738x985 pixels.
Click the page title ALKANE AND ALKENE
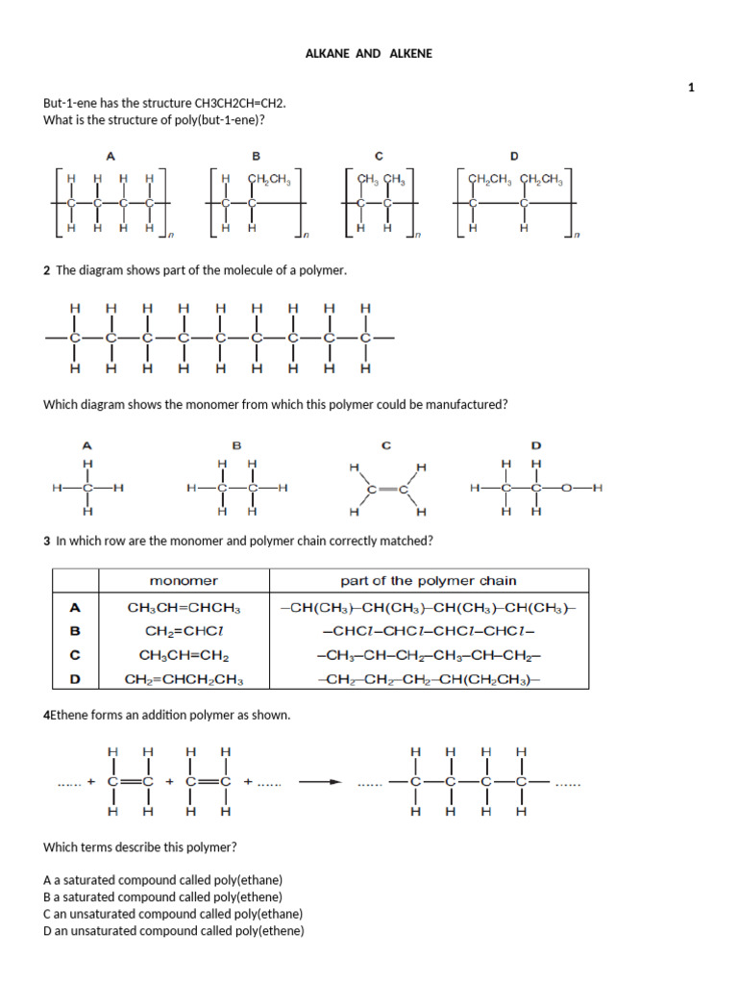(x=369, y=54)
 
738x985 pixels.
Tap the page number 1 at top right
(x=691, y=88)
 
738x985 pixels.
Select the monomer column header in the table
(x=184, y=581)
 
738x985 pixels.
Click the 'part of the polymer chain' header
(x=428, y=581)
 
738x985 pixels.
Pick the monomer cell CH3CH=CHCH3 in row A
(x=184, y=608)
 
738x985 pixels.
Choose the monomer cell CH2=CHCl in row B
(x=184, y=631)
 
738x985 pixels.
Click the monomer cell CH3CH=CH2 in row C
(x=184, y=655)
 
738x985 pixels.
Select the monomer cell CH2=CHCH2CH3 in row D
(x=184, y=679)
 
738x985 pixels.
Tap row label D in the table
(x=75, y=679)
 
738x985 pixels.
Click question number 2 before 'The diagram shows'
(x=46, y=271)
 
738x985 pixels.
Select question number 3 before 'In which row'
(x=46, y=542)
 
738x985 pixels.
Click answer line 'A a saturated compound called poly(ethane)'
(x=163, y=880)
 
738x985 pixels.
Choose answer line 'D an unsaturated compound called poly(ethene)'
(x=174, y=931)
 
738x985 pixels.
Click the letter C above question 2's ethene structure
(x=386, y=445)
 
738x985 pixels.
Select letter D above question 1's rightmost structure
(x=514, y=156)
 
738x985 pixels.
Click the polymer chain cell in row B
(x=428, y=631)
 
